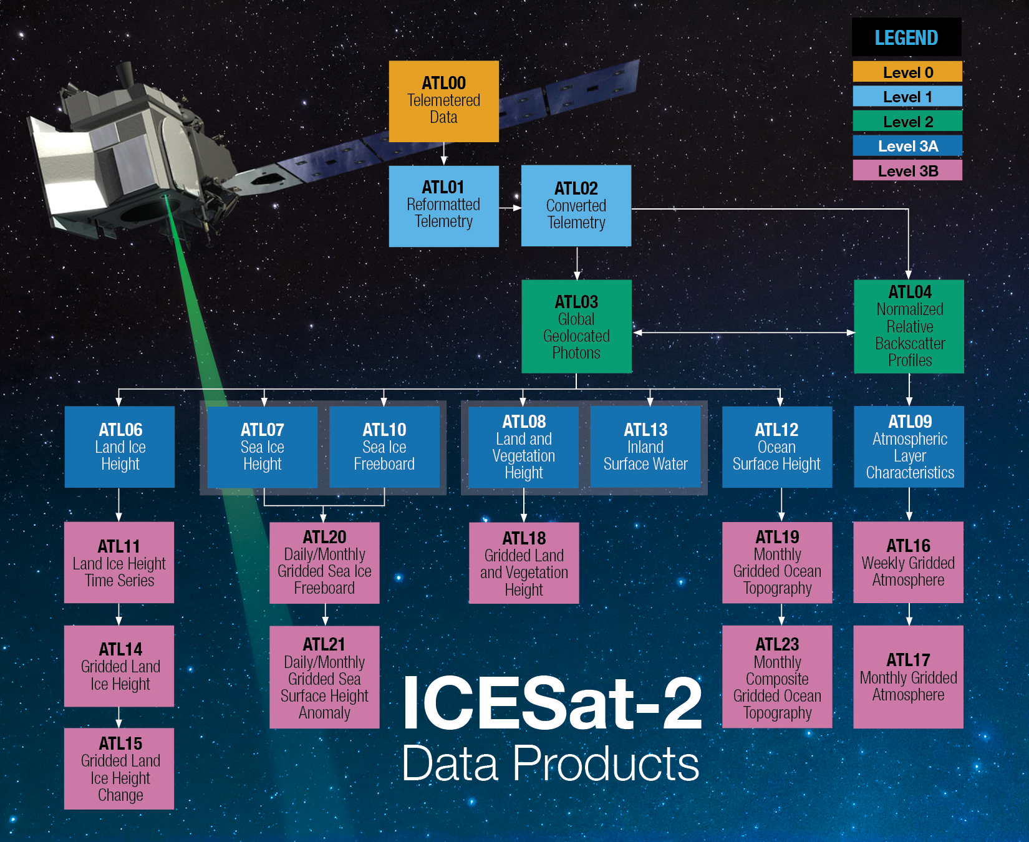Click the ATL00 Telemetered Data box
coord(443,101)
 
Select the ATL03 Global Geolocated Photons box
coord(576,326)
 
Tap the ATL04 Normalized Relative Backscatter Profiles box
coord(909,326)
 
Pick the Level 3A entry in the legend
coord(907,146)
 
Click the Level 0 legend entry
coord(907,72)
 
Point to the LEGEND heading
coord(906,37)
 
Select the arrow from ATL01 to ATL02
coord(510,208)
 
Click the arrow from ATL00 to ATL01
coord(444,153)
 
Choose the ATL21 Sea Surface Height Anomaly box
coord(324,677)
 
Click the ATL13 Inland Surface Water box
coord(645,447)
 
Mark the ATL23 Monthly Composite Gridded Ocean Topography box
coord(777,677)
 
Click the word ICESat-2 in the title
coord(552,704)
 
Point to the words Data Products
coord(550,763)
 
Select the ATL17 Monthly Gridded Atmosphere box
coord(908,677)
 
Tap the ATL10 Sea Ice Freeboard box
coord(384,447)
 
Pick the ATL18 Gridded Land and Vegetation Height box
coord(524,563)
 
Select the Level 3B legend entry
coord(907,170)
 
